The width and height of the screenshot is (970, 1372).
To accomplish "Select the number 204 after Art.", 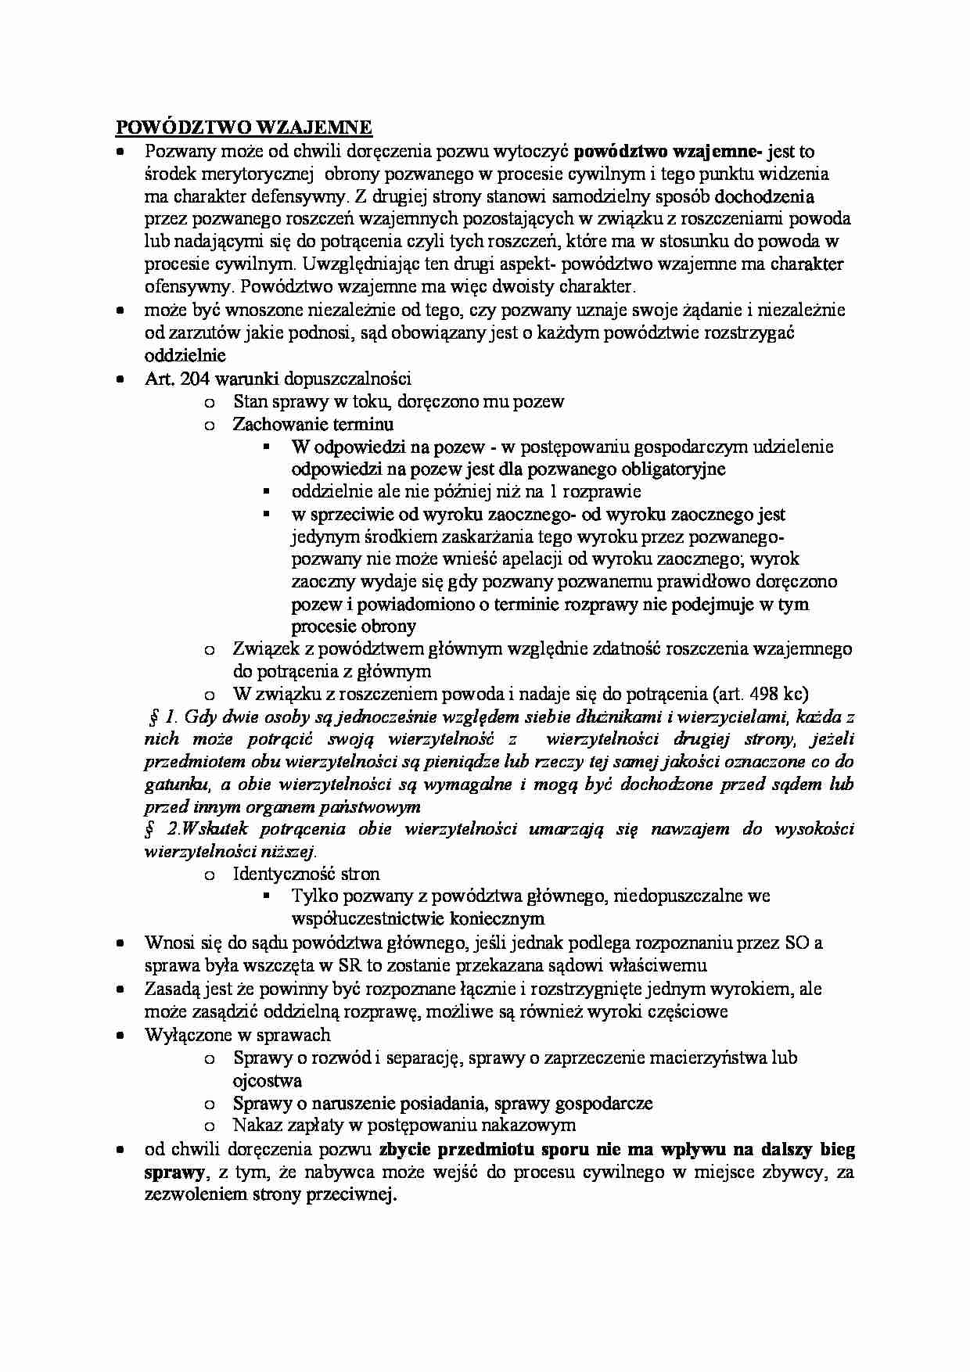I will (195, 379).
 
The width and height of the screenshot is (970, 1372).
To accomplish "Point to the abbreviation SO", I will (796, 943).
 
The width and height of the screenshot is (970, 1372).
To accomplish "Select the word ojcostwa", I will (267, 1080).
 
